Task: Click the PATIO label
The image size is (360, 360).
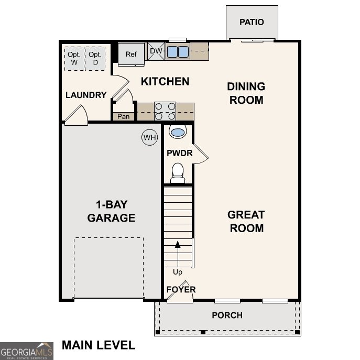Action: point(252,22)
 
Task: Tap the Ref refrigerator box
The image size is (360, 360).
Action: point(130,54)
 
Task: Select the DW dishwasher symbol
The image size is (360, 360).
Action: point(156,51)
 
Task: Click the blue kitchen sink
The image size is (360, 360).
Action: point(178,51)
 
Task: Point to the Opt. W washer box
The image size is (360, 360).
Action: point(74,58)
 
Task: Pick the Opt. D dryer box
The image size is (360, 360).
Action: point(95,58)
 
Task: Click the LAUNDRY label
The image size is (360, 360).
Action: point(86,95)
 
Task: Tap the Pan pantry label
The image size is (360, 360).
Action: point(123,116)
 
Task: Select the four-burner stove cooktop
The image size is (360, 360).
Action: point(165,112)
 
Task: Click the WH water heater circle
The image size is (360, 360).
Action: point(150,138)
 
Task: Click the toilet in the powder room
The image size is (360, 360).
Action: point(178,172)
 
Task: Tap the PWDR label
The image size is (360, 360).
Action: point(180,154)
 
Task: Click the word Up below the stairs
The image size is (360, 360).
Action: point(178,272)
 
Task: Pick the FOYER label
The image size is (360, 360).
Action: point(181,289)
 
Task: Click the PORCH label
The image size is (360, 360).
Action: point(227,315)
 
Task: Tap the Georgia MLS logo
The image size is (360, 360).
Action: point(26,351)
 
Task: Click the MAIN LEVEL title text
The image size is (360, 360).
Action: point(99,345)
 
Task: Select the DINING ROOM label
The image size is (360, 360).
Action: point(246,93)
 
